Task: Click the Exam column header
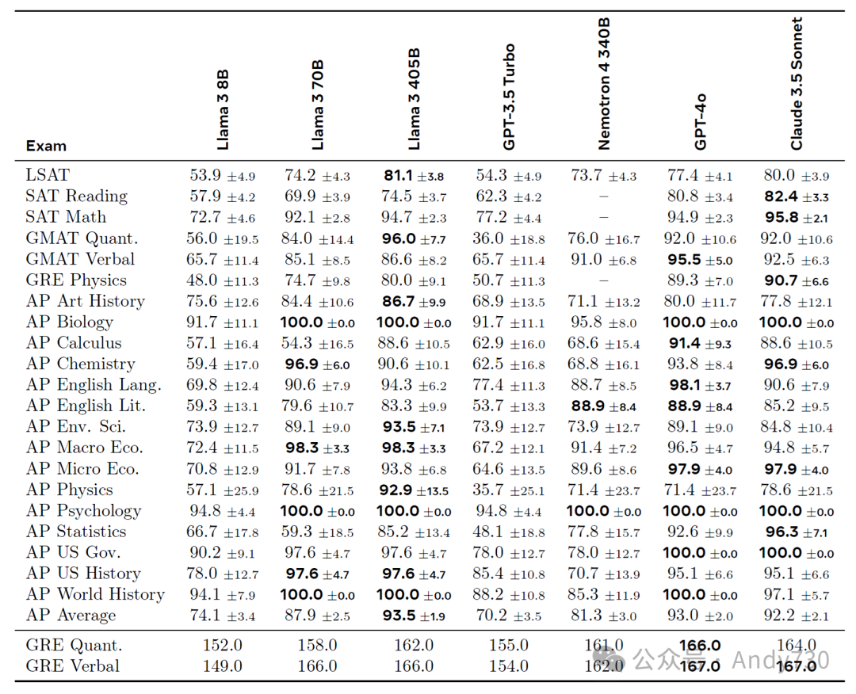(x=46, y=146)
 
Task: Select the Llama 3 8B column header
(x=223, y=109)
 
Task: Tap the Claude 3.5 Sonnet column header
(x=797, y=84)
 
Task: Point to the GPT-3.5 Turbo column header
(x=509, y=97)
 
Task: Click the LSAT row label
(x=48, y=175)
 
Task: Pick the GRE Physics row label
(x=76, y=280)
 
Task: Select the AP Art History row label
(x=85, y=301)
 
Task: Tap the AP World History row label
(x=95, y=594)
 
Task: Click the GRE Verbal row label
(x=73, y=666)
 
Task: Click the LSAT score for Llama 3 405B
(x=414, y=175)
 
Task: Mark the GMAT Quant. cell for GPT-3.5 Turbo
(x=510, y=238)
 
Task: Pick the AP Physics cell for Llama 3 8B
(x=223, y=490)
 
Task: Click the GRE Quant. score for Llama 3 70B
(x=317, y=646)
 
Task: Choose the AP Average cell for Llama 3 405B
(x=414, y=616)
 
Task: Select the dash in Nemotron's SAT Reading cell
(x=604, y=196)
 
